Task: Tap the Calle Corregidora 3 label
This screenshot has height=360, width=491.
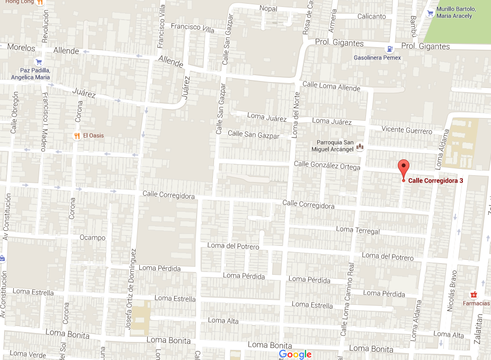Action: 436,181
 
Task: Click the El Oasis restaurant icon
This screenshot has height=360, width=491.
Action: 77,136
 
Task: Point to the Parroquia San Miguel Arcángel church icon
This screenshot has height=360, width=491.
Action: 360,146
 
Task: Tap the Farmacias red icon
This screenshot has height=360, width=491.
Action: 474,295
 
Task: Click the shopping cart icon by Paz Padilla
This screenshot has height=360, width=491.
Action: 39,61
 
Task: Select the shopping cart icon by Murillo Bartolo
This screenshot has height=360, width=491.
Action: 430,12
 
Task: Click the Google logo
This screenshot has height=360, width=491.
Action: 296,354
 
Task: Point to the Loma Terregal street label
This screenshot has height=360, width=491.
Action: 358,230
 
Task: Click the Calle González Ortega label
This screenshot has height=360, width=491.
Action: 327,166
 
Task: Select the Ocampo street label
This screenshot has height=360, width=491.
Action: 93,238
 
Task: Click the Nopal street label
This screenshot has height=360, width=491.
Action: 268,8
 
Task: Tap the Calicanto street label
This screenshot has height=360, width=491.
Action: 371,16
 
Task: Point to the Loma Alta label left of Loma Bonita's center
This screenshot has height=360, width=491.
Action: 224,320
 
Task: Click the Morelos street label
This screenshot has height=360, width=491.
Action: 21,47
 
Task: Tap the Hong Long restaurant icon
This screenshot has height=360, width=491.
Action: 41,2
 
